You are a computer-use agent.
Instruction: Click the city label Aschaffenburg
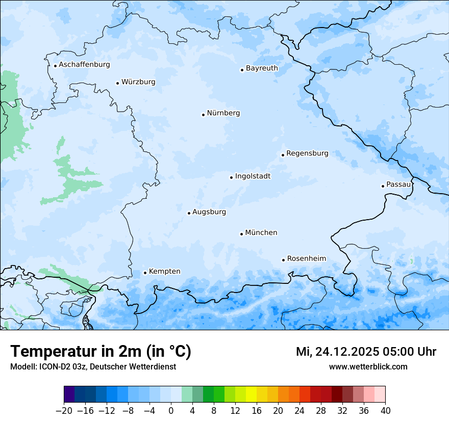(x=84, y=65)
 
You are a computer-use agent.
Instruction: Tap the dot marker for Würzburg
(x=118, y=83)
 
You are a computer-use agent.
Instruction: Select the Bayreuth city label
(x=262, y=68)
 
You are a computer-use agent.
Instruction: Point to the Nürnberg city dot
(x=203, y=115)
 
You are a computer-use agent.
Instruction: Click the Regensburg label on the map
(x=307, y=153)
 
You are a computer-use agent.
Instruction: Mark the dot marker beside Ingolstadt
(x=231, y=177)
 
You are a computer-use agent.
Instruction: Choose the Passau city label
(x=398, y=184)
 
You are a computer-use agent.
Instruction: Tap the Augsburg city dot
(x=189, y=213)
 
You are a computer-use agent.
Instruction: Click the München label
(x=261, y=232)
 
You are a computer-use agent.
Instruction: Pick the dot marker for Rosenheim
(x=283, y=260)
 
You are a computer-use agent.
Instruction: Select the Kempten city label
(x=164, y=271)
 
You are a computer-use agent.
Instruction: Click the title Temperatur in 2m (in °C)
(x=101, y=352)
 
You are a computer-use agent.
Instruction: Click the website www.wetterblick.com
(x=368, y=366)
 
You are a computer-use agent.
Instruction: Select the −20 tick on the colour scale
(x=64, y=411)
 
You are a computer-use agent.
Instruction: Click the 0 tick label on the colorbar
(x=171, y=411)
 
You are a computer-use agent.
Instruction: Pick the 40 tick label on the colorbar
(x=385, y=411)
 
